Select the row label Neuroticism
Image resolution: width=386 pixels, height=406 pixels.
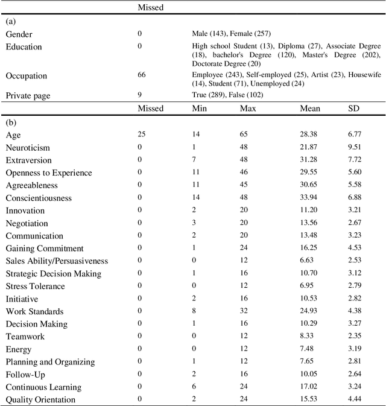point(28,148)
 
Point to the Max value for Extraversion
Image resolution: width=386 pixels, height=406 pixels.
point(245,160)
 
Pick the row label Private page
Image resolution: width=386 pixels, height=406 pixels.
point(30,95)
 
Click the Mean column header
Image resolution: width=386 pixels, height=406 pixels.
point(310,109)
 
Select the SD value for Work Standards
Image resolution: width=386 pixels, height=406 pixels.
point(356,311)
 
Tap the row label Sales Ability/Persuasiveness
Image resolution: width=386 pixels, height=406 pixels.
point(57,261)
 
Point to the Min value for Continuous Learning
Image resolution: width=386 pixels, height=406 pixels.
point(194,387)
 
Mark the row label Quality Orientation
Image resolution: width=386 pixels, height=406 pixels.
point(40,399)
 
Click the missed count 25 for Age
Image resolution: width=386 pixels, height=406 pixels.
point(142,135)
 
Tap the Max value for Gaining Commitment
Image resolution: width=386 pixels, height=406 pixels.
point(245,248)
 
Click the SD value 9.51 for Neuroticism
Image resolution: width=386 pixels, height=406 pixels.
point(356,148)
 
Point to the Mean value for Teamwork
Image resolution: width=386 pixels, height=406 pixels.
point(307,337)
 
